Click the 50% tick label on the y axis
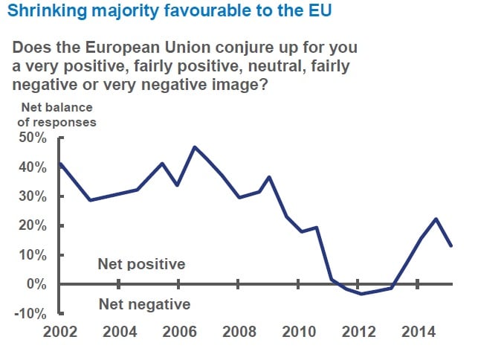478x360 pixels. (x=32, y=138)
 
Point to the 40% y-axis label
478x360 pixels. (x=32, y=167)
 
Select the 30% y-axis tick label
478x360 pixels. (x=32, y=196)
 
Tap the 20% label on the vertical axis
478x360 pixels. (x=32, y=225)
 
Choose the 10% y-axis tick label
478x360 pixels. (x=32, y=255)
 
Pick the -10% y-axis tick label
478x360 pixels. (x=30, y=313)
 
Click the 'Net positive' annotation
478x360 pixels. (x=141, y=264)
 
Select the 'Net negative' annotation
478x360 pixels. (x=144, y=303)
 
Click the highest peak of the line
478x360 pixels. (x=195, y=147)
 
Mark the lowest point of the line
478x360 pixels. (x=361, y=294)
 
